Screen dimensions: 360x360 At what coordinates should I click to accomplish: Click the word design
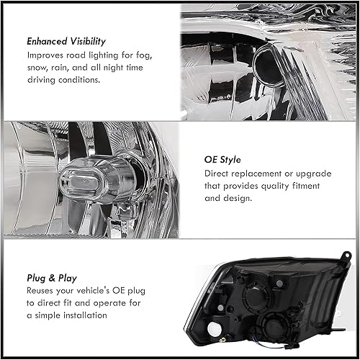coord(242,200)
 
